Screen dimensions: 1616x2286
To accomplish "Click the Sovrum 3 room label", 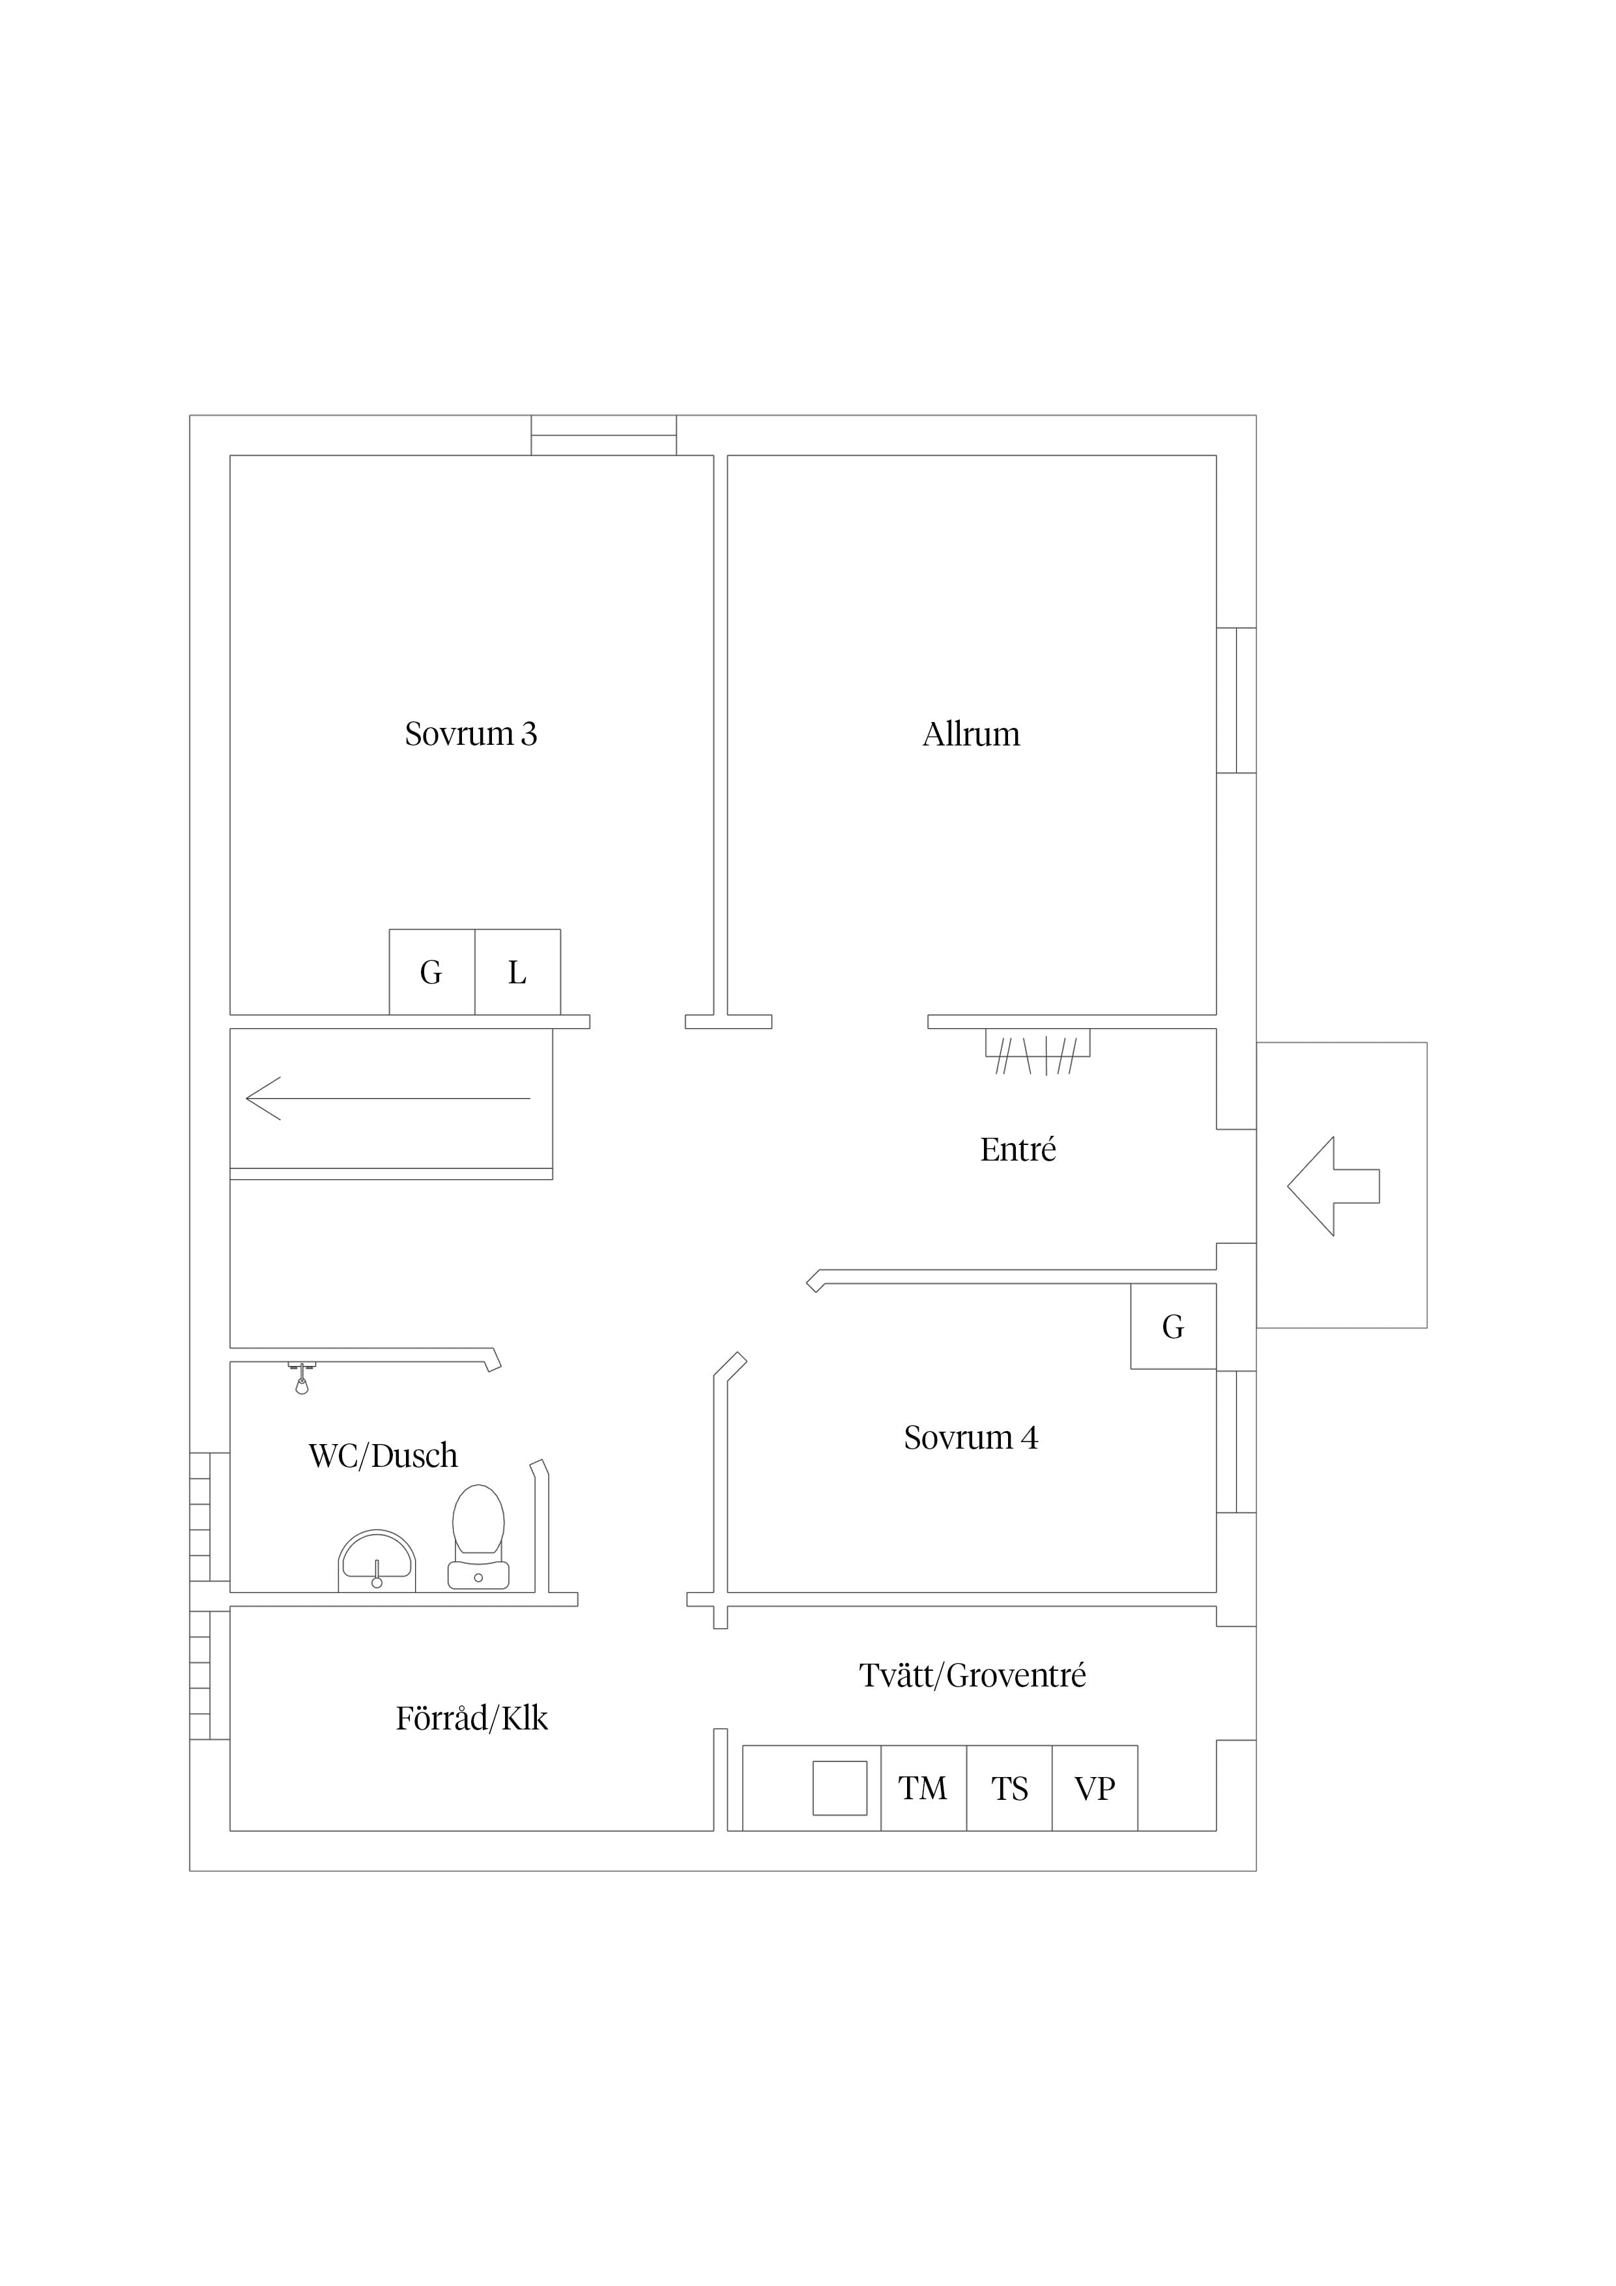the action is [x=471, y=734].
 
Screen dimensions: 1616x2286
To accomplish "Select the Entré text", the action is [x=1018, y=1150].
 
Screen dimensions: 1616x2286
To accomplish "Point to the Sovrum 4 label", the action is [x=971, y=1438].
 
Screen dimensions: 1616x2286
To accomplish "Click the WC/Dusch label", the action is [x=383, y=1456].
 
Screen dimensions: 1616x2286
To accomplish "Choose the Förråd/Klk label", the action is [x=472, y=1718].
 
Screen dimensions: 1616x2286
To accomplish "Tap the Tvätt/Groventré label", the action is [x=973, y=1675].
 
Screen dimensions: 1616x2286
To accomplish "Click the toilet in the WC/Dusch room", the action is [x=479, y=1537].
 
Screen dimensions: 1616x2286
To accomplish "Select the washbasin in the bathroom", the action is [x=377, y=1561].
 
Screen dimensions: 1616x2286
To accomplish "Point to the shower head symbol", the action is [x=302, y=1378].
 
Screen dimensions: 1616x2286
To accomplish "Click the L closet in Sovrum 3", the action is [x=518, y=972].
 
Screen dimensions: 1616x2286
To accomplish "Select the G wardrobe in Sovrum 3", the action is [x=432, y=972].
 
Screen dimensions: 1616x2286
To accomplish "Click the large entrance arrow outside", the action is [x=1333, y=1186].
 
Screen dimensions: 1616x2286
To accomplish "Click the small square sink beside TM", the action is [x=839, y=1788].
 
